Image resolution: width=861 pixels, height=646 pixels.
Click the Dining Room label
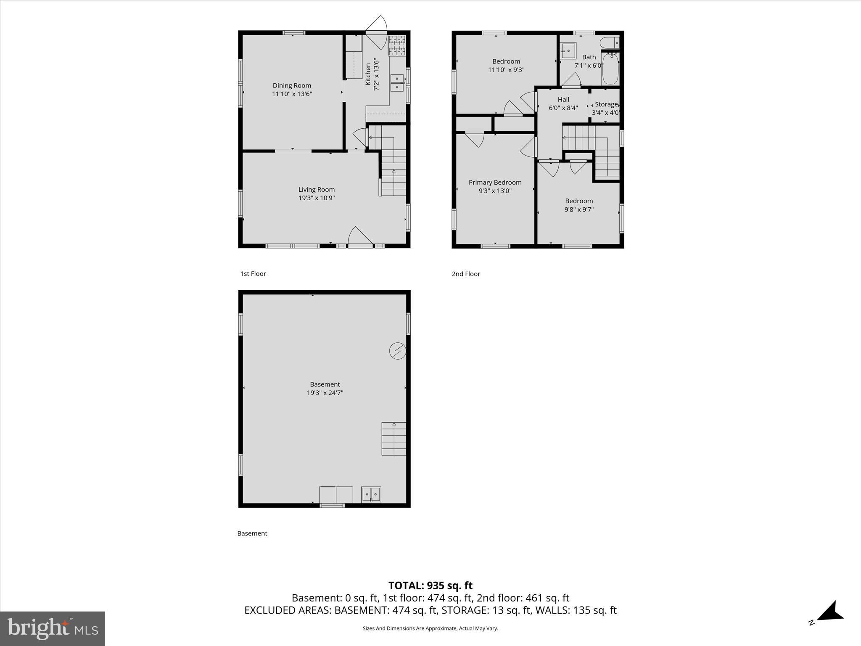pos(292,85)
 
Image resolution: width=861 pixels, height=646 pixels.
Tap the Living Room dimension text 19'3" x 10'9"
pos(317,198)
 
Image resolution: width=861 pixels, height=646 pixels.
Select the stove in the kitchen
pos(397,45)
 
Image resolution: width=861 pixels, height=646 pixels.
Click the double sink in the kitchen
pos(397,83)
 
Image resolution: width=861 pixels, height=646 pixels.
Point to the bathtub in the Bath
pos(610,69)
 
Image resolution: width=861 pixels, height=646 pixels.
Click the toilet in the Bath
pos(610,42)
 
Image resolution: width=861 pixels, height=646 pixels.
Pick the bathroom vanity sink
pos(568,51)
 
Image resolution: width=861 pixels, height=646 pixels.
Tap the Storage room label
pos(606,104)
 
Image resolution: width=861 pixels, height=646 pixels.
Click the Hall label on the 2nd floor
pos(563,99)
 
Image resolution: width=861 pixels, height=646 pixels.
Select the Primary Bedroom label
pos(495,182)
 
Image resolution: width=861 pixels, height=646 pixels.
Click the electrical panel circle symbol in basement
pos(398,351)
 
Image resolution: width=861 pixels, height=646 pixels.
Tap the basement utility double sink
pos(371,494)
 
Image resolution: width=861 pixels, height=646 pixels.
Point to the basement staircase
pos(394,439)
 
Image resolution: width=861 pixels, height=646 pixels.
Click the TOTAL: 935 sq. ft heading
pos(430,585)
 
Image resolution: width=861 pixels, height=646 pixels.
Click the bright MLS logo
pos(53,628)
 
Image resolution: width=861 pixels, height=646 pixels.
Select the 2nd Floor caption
pos(466,274)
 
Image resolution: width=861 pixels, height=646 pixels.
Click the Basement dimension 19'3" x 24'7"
pos(325,393)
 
